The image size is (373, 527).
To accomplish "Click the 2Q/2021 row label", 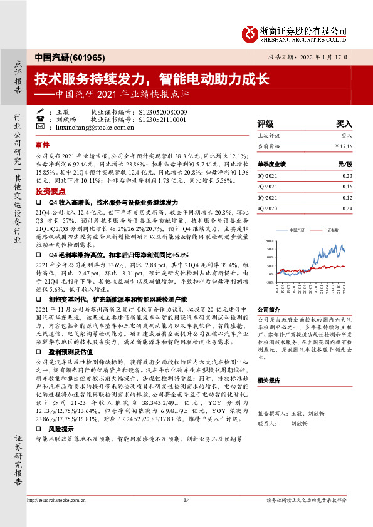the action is tap(267, 187).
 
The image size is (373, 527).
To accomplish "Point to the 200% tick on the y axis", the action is tap(269, 240).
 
